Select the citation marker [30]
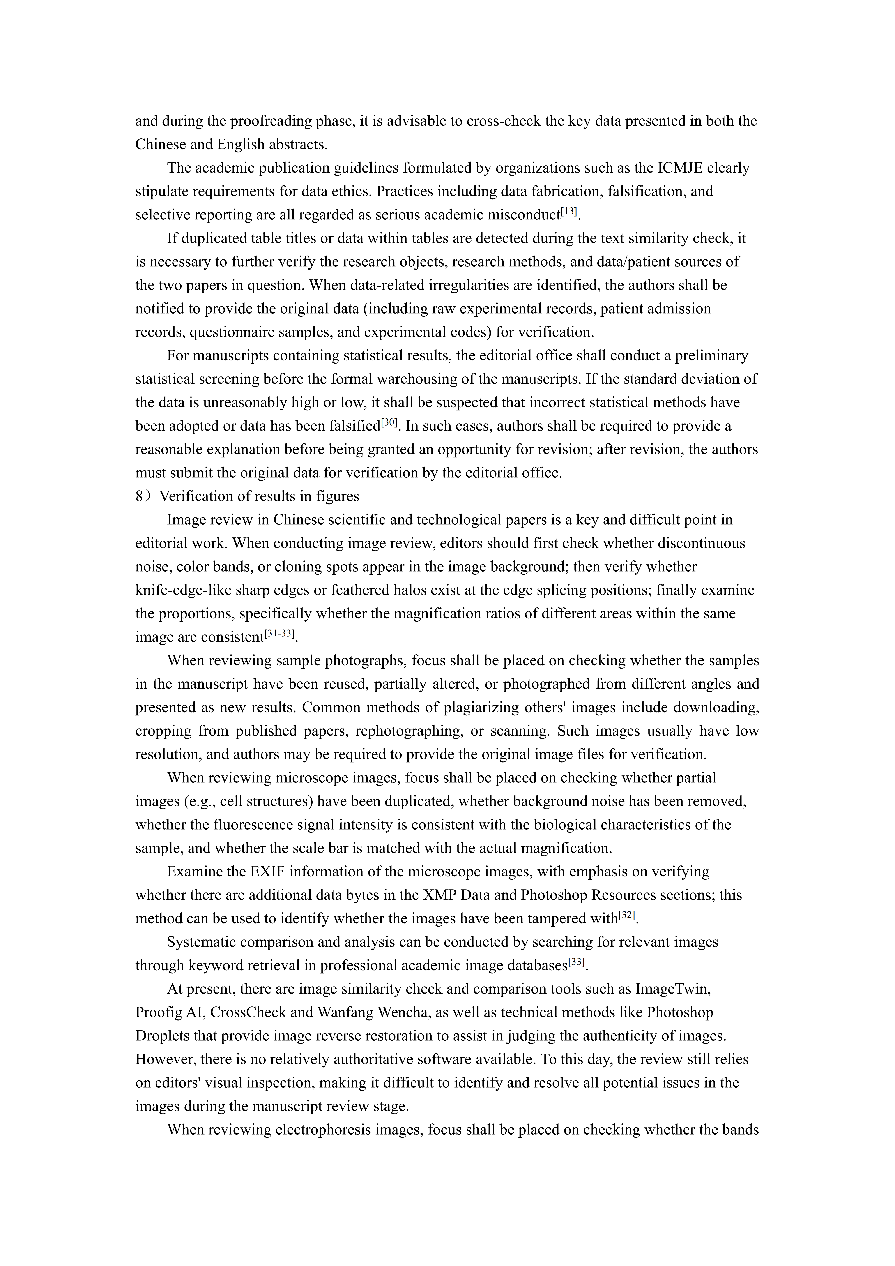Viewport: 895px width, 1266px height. coord(389,423)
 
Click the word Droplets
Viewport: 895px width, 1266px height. coord(162,1036)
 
